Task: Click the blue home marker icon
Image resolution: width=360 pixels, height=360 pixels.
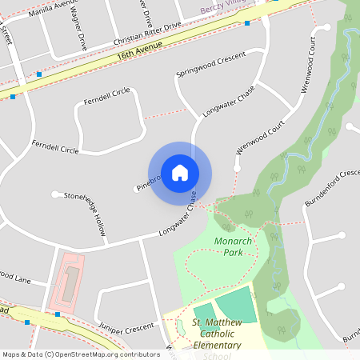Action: point(180,173)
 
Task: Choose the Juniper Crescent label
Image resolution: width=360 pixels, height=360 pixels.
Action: point(126,327)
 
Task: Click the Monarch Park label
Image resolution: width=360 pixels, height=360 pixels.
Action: point(234,246)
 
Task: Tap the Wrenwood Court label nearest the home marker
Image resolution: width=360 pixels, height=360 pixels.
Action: point(261,138)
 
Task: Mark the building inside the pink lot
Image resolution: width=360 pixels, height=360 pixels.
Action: point(70,281)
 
